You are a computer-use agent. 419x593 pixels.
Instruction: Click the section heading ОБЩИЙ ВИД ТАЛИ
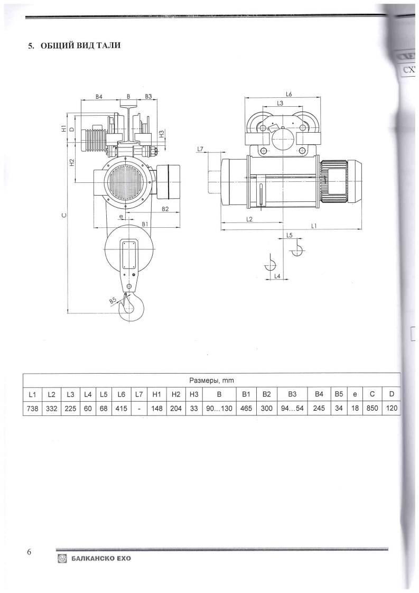point(75,46)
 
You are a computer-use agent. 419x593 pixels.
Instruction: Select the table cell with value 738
point(32,408)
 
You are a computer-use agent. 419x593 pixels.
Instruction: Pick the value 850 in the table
point(373,408)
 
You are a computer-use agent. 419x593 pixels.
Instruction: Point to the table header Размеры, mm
point(211,381)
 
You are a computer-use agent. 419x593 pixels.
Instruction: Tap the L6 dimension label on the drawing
point(290,94)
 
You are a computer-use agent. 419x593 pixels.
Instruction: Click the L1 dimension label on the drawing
point(314,226)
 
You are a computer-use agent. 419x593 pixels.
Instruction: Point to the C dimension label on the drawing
point(64,215)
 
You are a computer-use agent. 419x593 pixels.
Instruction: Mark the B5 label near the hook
point(113,300)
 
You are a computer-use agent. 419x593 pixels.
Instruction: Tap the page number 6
point(30,552)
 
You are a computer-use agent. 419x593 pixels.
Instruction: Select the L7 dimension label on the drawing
point(200,149)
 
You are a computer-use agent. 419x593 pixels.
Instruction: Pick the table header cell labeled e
point(355,394)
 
